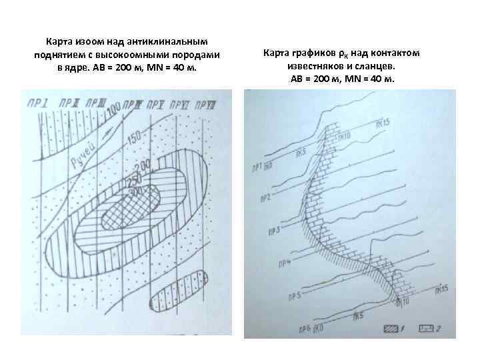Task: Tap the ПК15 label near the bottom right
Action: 438,289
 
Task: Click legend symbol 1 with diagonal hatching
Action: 392,328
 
